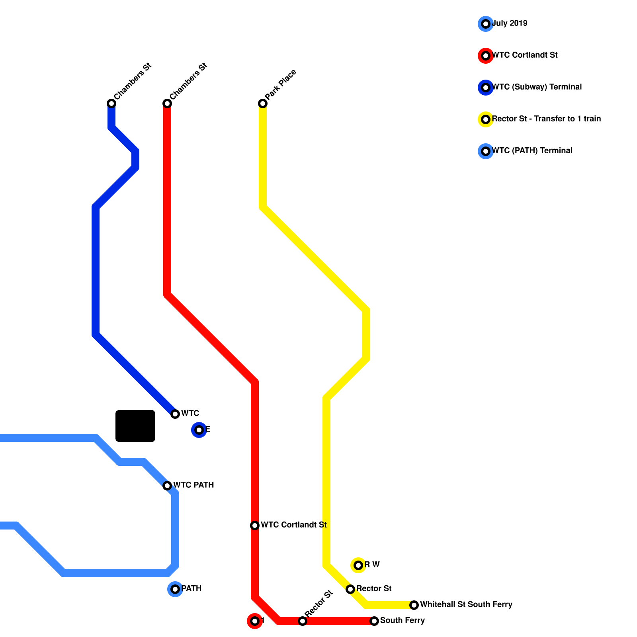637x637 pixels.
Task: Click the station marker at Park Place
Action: pos(263,104)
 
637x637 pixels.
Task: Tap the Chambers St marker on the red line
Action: pos(167,104)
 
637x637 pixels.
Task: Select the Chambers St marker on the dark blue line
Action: pos(111,104)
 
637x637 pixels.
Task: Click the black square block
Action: pos(135,426)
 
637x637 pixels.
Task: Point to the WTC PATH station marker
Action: pos(167,486)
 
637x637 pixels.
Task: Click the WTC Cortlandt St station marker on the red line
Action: pos(255,526)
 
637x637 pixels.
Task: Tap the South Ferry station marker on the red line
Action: pos(374,621)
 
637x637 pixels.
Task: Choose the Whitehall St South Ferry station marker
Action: pos(414,605)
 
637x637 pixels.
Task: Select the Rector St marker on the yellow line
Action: pos(350,589)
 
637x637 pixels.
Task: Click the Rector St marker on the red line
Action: pos(303,621)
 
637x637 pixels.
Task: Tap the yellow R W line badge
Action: pos(358,565)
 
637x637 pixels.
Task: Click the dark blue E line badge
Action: pos(199,430)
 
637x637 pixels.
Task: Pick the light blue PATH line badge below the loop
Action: pos(175,589)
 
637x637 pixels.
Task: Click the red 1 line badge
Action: pos(255,621)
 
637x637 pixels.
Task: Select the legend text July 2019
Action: pos(510,23)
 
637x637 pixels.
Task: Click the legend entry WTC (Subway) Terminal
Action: pos(537,87)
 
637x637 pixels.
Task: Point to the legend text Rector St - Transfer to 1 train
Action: pos(546,119)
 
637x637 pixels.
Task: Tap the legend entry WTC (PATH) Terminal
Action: pos(532,151)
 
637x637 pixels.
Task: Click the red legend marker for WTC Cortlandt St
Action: pos(486,56)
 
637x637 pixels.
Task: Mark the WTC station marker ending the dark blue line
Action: pos(175,414)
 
